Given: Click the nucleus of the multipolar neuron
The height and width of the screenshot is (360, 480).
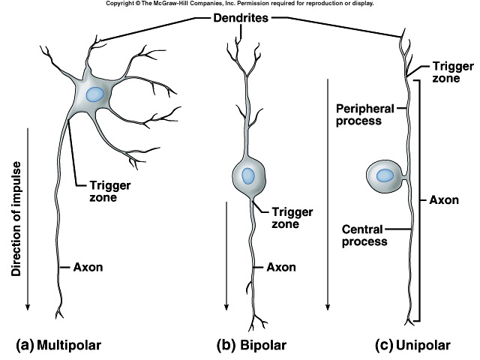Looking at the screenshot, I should [94, 94].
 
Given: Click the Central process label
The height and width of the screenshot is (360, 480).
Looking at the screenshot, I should [364, 235].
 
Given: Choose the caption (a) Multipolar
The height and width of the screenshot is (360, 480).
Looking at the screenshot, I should [58, 345].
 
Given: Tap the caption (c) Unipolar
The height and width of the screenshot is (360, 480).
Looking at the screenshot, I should [413, 345].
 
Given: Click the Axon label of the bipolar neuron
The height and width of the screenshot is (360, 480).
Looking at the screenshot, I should [281, 265].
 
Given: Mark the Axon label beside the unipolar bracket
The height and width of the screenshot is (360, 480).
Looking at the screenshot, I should [445, 200].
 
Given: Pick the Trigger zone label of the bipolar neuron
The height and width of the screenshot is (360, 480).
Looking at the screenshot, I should [291, 218].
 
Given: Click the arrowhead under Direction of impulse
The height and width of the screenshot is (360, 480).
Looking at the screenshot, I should [28, 307].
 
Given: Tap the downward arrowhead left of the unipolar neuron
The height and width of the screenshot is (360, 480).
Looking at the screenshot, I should [328, 307].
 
